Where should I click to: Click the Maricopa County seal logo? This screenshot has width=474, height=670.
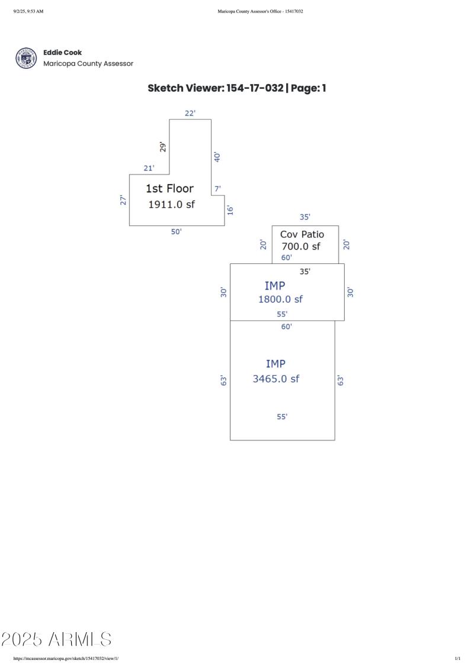click(x=25, y=58)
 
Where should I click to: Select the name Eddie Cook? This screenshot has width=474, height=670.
click(x=63, y=53)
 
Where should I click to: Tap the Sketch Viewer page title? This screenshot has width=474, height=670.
click(x=237, y=89)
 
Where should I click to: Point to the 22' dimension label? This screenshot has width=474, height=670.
click(x=190, y=113)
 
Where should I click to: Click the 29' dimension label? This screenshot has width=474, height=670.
click(x=164, y=146)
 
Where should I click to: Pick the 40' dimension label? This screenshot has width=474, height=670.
click(x=217, y=157)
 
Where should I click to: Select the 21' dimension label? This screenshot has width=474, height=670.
click(x=149, y=168)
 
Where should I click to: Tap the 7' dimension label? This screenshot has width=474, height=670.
click(x=218, y=189)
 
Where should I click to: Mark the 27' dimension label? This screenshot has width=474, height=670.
click(x=123, y=200)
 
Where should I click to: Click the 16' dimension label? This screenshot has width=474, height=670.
click(x=230, y=210)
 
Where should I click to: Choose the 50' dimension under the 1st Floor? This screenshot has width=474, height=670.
click(x=177, y=231)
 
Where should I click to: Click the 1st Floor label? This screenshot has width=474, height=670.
click(x=169, y=189)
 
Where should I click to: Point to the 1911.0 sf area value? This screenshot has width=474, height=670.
click(x=171, y=204)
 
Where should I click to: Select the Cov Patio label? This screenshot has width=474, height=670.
click(x=302, y=234)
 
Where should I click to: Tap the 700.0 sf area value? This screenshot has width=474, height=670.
click(x=300, y=246)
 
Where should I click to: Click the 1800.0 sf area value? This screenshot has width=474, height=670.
click(x=280, y=299)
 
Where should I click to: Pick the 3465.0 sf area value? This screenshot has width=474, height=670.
click(x=276, y=379)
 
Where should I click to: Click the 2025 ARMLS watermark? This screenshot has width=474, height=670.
click(x=57, y=639)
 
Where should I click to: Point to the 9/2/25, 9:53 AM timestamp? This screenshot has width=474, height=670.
click(x=28, y=11)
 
